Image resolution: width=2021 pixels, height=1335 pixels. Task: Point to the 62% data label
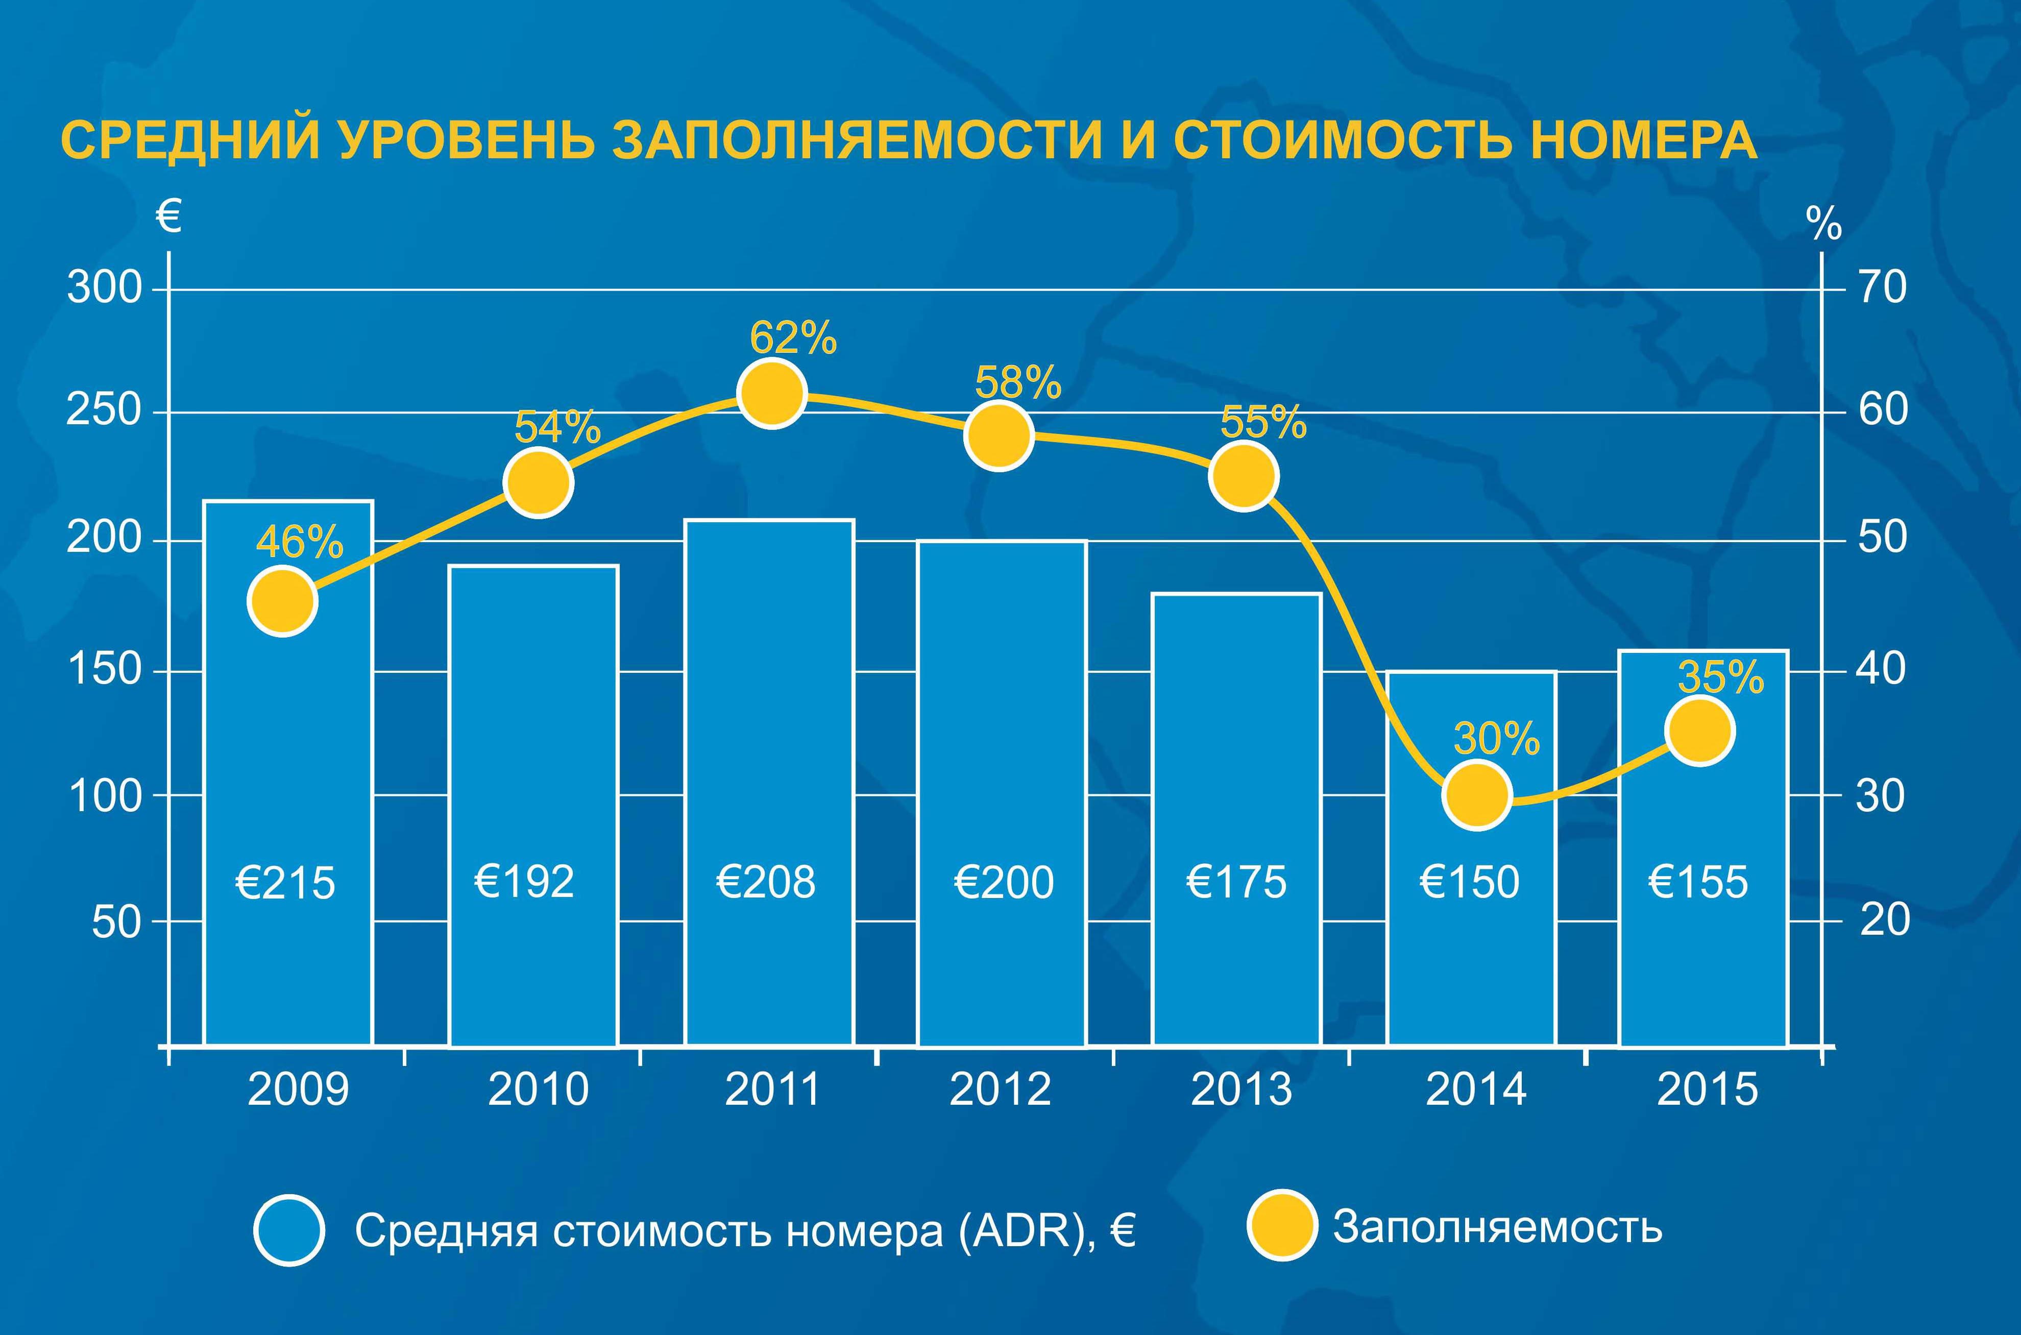tap(793, 338)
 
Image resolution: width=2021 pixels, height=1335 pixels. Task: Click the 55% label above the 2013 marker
tap(1263, 422)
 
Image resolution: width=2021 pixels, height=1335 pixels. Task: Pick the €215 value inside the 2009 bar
tap(285, 883)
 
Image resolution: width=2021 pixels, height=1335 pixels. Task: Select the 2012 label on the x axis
tap(1000, 1090)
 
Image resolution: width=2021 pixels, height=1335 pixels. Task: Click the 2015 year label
tap(1708, 1090)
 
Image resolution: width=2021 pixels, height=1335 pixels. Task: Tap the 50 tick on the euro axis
tap(116, 921)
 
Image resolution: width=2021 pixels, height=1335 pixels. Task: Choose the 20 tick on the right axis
tap(1885, 919)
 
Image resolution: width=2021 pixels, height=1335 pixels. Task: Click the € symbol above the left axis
tap(168, 216)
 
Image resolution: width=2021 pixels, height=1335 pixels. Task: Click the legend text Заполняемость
tap(1497, 1227)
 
